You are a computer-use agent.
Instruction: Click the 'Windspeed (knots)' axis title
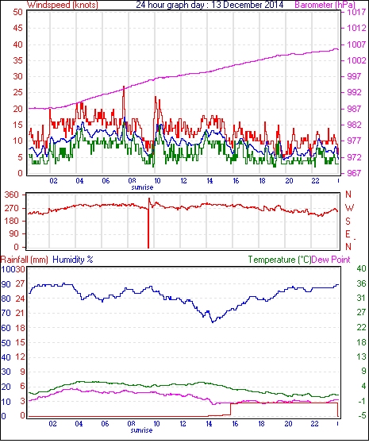(63, 5)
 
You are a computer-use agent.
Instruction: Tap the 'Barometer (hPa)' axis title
(325, 5)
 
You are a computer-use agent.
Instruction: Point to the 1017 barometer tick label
(356, 12)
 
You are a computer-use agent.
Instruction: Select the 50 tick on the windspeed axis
(17, 12)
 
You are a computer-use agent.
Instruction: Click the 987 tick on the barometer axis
(354, 109)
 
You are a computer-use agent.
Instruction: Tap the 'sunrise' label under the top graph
(142, 187)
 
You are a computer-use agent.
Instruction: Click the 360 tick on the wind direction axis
(12, 195)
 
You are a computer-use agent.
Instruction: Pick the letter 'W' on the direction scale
(349, 208)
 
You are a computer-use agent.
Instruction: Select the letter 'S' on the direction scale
(348, 222)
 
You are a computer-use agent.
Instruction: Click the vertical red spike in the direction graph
(148, 223)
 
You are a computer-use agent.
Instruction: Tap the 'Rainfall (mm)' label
(25, 260)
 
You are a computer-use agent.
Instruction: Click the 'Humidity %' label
(73, 260)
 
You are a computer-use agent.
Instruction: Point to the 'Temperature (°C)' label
(279, 260)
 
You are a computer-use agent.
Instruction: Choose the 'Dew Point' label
(331, 260)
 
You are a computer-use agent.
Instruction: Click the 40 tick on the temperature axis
(361, 268)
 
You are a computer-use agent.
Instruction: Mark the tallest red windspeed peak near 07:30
(124, 87)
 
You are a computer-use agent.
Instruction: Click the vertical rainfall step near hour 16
(230, 409)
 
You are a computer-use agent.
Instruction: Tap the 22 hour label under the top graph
(315, 181)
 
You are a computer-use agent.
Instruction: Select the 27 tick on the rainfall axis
(20, 284)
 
